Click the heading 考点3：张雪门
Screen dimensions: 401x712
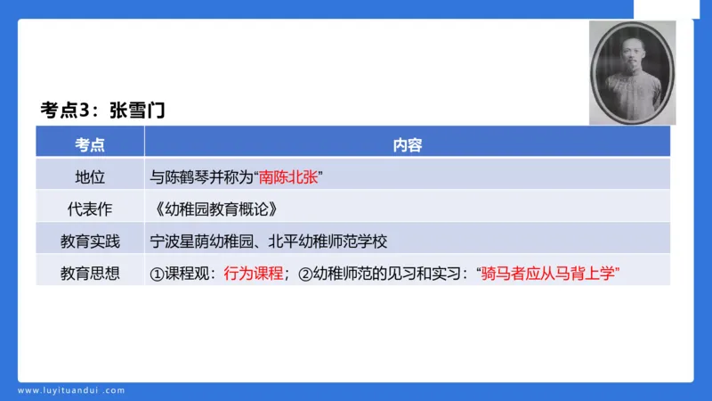[103, 110]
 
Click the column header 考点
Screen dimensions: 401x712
[90, 144]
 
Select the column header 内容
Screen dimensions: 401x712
[408, 144]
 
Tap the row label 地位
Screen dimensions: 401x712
[90, 176]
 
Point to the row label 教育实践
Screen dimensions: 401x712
[90, 241]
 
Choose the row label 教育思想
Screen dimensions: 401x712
[90, 273]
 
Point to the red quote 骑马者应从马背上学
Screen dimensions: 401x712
[550, 273]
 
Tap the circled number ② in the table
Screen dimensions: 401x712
[303, 273]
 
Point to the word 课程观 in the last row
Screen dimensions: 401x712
[186, 273]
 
